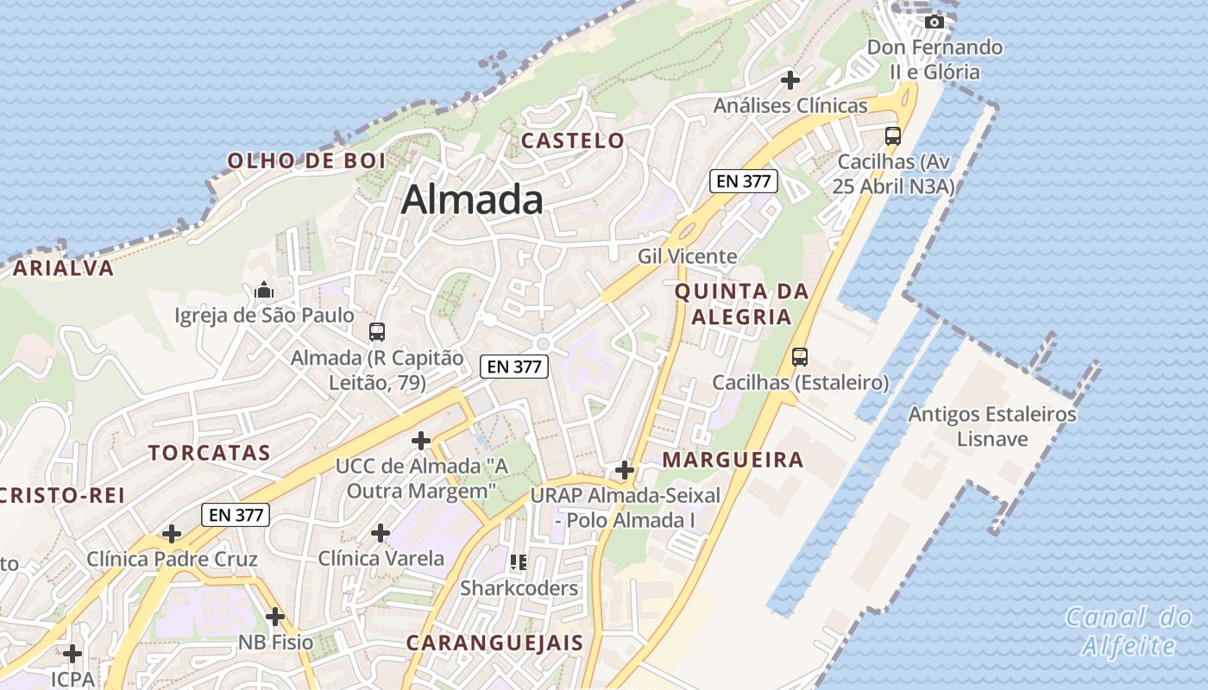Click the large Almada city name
[x=472, y=200]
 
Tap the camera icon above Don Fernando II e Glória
[x=934, y=22]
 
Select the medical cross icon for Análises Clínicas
[x=790, y=80]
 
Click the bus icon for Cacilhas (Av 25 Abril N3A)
[x=892, y=136]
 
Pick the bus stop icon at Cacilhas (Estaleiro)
[x=800, y=356]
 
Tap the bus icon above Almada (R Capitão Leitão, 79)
[x=376, y=331]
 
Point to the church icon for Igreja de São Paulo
[x=264, y=290]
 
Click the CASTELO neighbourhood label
[x=573, y=141]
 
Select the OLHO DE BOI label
[x=306, y=160]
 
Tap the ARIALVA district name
[x=64, y=268]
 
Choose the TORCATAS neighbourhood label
[x=210, y=453]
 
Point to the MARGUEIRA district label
[x=733, y=460]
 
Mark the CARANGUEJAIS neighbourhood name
[x=494, y=643]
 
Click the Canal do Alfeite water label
[x=1129, y=631]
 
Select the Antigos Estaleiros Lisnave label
[x=992, y=426]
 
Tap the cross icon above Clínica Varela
[x=380, y=533]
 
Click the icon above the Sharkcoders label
[x=519, y=562]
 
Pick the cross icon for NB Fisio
[x=275, y=617]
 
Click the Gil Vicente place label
[x=687, y=256]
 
